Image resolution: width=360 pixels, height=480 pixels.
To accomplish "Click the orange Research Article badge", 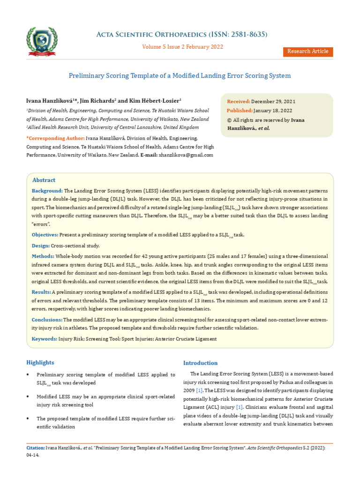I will point(307,52).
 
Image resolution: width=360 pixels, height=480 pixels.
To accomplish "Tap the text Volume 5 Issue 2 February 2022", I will point(182,47).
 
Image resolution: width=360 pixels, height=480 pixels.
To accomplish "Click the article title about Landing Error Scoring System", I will point(180,75).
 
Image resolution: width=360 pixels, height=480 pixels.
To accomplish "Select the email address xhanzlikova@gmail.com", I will point(187,155).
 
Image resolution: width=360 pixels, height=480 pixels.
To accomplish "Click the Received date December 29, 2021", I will point(273,102).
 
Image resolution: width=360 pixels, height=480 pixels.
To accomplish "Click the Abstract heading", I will point(44,180).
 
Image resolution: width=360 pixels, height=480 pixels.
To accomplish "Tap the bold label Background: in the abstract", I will point(47,191).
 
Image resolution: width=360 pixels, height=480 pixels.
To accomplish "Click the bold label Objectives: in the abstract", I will point(45,235).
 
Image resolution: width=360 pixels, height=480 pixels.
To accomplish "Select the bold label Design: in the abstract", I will point(40,246).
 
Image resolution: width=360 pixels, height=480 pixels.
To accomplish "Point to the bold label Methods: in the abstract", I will point(43,256).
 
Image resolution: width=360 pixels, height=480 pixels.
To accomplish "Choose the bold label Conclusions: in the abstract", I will point(47,320).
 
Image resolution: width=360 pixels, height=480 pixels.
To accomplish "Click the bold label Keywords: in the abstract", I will point(44,338).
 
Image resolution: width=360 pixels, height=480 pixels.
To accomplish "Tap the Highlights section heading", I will point(40,363).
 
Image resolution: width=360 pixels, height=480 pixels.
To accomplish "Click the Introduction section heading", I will point(200,363).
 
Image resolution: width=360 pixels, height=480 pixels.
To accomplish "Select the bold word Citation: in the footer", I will point(36,448).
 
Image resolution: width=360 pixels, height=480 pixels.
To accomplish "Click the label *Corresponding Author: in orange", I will point(55,139).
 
